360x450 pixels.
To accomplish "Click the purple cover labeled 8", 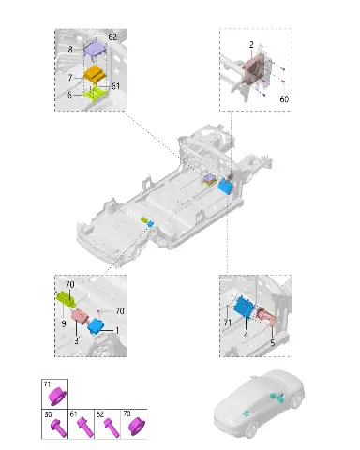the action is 94,49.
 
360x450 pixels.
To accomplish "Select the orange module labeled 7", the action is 95,74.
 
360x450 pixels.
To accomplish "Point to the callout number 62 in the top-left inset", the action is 112,37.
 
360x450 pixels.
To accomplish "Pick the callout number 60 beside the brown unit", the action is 284,99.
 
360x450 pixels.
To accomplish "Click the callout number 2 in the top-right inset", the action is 251,45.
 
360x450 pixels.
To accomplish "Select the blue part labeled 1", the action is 97,326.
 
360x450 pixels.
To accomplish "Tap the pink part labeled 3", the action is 81,316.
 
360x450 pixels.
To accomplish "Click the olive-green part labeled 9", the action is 66,298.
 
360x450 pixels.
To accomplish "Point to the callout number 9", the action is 64,323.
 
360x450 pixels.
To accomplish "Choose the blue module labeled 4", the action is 247,307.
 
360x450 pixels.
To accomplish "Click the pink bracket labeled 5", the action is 266,316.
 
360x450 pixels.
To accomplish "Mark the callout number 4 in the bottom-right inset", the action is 247,335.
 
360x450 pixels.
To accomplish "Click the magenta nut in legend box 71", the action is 57,396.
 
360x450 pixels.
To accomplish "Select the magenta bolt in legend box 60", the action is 58,427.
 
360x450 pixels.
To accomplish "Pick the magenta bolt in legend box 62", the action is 112,427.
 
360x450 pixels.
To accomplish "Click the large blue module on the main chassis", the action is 225,186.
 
